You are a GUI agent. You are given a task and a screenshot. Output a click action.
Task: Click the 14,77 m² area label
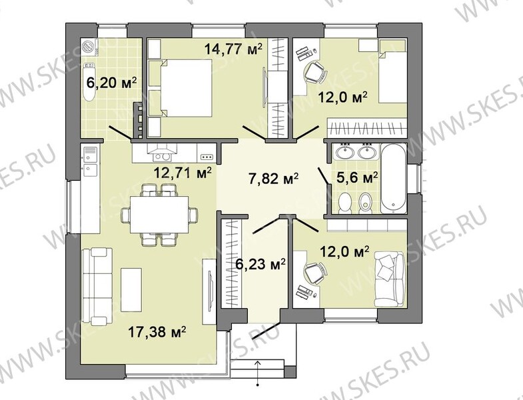tap(233, 49)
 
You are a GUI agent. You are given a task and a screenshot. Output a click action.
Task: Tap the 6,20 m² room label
tap(111, 82)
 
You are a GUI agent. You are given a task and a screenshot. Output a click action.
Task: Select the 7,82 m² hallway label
tap(273, 179)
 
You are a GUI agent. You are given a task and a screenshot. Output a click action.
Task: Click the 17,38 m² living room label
tap(157, 332)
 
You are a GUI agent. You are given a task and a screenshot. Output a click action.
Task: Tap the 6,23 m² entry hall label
tap(260, 264)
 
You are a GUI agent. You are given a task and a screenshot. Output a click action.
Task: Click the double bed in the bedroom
tap(187, 88)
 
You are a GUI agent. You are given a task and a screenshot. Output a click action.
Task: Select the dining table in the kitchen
tap(159, 215)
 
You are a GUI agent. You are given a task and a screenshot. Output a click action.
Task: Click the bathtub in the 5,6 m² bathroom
tap(394, 179)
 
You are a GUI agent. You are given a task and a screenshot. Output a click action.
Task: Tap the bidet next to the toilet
tap(366, 204)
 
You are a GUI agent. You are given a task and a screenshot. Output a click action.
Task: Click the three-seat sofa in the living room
tap(97, 286)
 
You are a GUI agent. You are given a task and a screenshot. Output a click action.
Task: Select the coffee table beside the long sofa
tap(131, 289)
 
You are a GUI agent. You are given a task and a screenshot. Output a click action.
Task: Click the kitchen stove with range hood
tap(161, 153)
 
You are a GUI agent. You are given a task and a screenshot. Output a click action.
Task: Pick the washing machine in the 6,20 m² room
tap(89, 47)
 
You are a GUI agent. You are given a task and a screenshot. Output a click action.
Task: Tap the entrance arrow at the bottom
tap(257, 373)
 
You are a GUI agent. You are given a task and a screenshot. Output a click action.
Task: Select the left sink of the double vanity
tap(344, 153)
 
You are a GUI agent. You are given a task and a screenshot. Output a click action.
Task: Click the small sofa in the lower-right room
tap(390, 279)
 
